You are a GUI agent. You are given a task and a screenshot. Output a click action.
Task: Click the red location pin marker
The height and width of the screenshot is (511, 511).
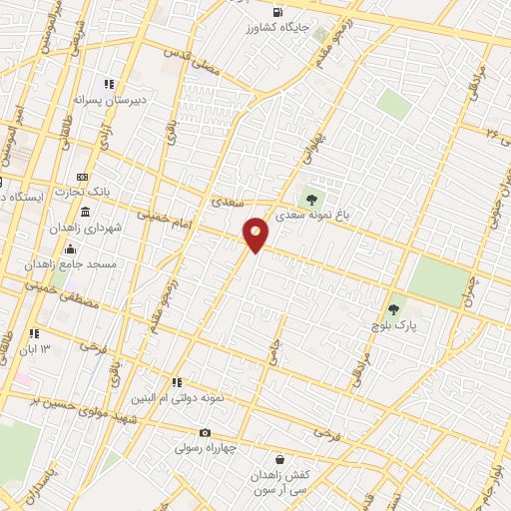(x=256, y=235)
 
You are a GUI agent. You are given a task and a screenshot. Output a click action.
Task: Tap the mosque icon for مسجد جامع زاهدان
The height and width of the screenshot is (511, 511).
(x=70, y=250)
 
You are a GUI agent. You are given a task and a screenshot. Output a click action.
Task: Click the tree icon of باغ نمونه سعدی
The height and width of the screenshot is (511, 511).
(x=318, y=197)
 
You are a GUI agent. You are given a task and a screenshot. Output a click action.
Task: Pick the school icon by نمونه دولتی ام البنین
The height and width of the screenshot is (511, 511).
(x=177, y=381)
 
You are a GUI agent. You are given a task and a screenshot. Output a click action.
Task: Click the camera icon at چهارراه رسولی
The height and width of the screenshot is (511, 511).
(x=205, y=432)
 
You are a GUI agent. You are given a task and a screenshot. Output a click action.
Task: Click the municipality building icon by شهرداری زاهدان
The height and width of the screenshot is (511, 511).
(x=85, y=214)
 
